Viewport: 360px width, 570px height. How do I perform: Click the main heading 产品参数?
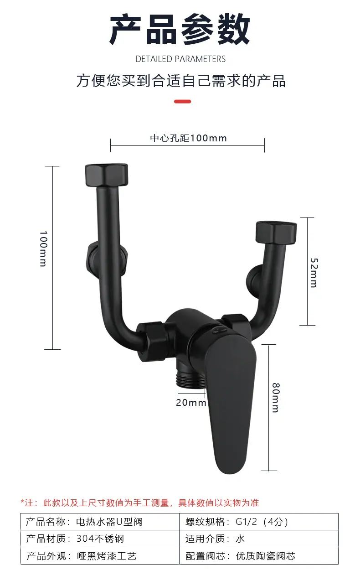pos(180,30)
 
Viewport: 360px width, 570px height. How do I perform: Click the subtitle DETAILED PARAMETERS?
pos(180,59)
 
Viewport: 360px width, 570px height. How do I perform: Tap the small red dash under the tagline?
pos(183,102)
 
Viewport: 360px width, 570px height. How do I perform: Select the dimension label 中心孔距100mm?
pos(188,138)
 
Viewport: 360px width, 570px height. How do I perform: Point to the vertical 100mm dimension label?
pos(43,249)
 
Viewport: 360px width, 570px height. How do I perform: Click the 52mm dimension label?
pos(314,273)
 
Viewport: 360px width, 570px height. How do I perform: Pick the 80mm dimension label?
pos(276,398)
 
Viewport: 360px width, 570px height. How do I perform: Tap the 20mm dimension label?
pos(191,403)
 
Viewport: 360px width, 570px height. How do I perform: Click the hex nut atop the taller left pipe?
pos(106,175)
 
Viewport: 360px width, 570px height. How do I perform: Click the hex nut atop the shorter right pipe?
pos(276,232)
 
